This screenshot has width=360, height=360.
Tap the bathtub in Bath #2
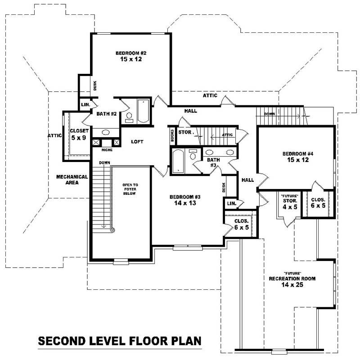coord(143,111)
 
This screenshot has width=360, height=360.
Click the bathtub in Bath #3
coord(177,162)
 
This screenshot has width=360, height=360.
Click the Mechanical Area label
coord(72,180)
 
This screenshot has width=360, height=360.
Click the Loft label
coord(137,142)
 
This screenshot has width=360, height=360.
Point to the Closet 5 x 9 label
coord(78,134)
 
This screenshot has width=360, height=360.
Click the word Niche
coord(107,150)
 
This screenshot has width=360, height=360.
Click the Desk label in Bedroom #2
coord(95,85)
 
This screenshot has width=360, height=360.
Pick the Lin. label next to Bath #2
coord(85,105)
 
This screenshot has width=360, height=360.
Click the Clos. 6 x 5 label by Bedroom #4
coord(318,202)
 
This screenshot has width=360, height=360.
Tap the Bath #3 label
coord(213,162)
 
